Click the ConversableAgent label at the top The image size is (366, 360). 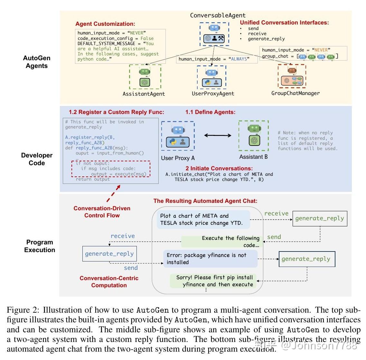[x=218, y=15]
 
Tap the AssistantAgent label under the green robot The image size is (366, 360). [x=144, y=94]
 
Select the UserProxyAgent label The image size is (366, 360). [x=213, y=93]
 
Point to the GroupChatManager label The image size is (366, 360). [x=295, y=93]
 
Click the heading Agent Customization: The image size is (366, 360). [x=105, y=24]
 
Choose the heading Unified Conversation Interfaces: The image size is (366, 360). [x=284, y=23]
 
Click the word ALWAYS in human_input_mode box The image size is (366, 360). [x=239, y=59]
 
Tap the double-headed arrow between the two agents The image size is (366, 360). [x=218, y=136]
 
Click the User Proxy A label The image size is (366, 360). [x=178, y=158]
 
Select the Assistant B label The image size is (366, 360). [x=253, y=157]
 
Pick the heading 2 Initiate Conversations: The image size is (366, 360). [x=219, y=168]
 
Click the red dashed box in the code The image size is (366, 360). [x=111, y=169]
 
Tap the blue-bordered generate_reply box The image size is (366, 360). [x=109, y=254]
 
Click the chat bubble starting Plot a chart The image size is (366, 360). [x=203, y=220]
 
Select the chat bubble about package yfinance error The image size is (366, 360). [x=210, y=259]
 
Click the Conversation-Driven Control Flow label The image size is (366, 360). [x=102, y=212]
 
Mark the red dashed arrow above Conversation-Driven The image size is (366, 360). [x=113, y=193]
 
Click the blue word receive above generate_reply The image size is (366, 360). [x=123, y=236]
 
